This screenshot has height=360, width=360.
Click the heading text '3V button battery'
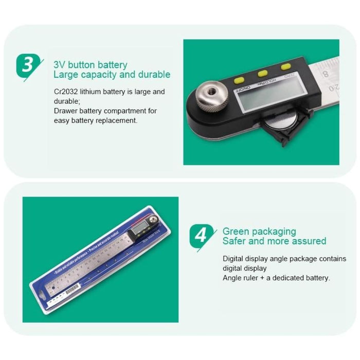coord(90,65)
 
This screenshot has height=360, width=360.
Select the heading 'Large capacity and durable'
coord(112,75)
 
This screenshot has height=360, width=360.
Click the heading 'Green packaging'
coord(259,232)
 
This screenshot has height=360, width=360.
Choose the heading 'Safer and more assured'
coord(274,241)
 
